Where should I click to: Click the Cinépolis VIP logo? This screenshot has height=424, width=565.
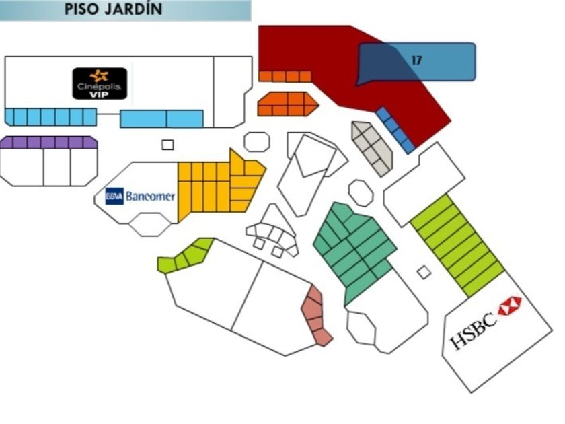point(100,83)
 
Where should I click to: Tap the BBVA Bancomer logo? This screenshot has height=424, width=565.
point(140,196)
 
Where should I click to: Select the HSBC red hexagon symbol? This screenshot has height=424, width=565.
point(510,306)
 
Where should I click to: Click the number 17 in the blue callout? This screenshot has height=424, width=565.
point(416,60)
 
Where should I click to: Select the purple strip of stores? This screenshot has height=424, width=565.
point(48,143)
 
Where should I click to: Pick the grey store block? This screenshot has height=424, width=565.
point(373,148)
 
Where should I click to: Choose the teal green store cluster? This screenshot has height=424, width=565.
point(354,251)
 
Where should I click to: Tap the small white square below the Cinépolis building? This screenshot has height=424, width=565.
point(167,145)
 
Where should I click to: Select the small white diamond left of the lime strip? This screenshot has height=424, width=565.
point(424,272)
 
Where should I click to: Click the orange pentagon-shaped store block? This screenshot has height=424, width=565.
point(288,104)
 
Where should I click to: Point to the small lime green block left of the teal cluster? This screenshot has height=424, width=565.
point(186,255)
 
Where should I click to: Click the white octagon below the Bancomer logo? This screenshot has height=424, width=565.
point(150,224)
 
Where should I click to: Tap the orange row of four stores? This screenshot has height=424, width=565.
point(285,77)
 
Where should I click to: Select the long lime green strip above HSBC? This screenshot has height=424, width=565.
point(457,246)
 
